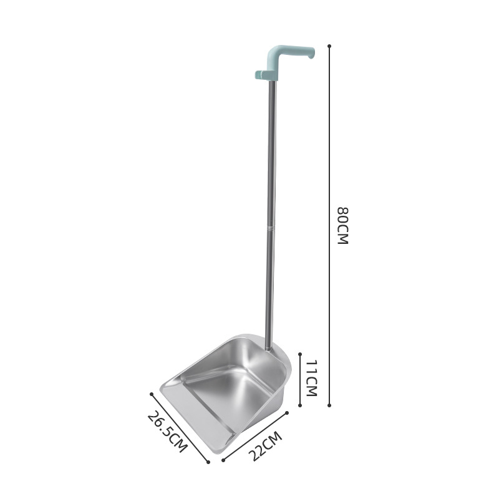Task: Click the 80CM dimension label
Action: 343,226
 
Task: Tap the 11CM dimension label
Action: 312,378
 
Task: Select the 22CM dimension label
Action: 265,446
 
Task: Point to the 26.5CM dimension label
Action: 167,432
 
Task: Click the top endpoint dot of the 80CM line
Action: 329,46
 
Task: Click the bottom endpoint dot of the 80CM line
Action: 329,405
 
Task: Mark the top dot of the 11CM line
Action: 300,354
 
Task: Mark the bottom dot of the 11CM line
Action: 300,405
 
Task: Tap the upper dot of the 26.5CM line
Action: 152,394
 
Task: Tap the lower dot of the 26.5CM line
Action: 208,462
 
